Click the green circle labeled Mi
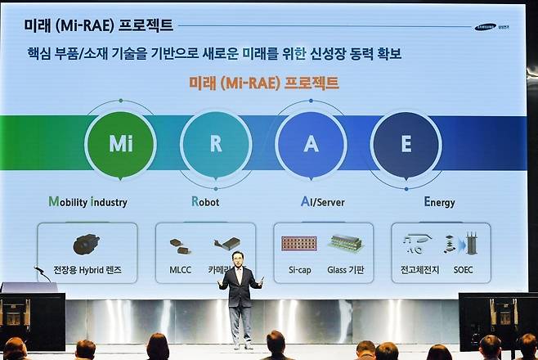120,145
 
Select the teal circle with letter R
216,145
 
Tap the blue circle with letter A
311,145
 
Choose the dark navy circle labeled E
406,145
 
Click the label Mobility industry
87,201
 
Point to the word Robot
205,201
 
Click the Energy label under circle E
439,201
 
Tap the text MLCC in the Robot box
181,269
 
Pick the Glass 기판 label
346,269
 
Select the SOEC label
463,269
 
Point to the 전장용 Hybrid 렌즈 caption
87,269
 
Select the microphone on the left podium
39,270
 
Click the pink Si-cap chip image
298,243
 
